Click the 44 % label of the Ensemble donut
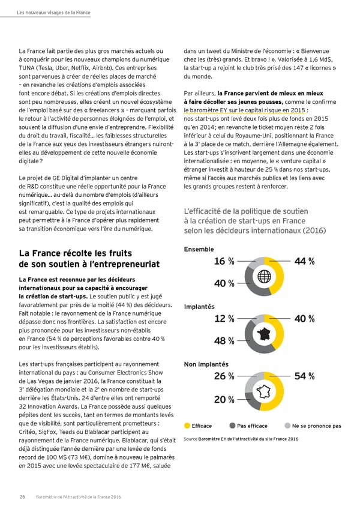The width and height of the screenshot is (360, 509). (304, 261)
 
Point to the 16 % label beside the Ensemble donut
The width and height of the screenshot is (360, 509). (224, 261)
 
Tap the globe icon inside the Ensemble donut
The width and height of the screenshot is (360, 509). (265, 277)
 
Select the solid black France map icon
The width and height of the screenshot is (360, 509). (265, 334)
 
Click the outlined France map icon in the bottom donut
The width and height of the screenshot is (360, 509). (265, 392)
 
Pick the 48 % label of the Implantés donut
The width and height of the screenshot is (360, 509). (224, 342)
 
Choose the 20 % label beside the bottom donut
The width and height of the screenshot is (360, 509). (224, 400)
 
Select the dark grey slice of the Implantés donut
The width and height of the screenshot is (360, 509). (256, 346)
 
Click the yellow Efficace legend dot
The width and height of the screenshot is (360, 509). (187, 426)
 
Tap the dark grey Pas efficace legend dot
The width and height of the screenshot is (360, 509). (232, 426)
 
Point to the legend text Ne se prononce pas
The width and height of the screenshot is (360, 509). (317, 426)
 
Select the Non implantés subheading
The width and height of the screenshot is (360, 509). (205, 364)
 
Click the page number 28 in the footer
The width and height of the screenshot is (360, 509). (22, 496)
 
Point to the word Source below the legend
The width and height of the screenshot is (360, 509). (190, 439)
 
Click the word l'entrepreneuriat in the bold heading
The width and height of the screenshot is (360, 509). (119, 264)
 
